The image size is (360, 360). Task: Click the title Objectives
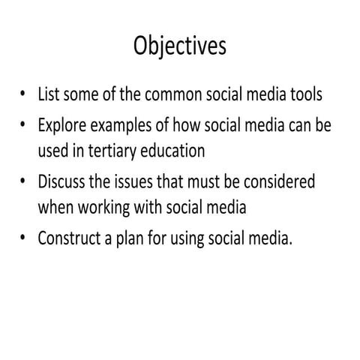point(179,46)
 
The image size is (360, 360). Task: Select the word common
point(170,95)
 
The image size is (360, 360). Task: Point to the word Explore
point(62,124)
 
